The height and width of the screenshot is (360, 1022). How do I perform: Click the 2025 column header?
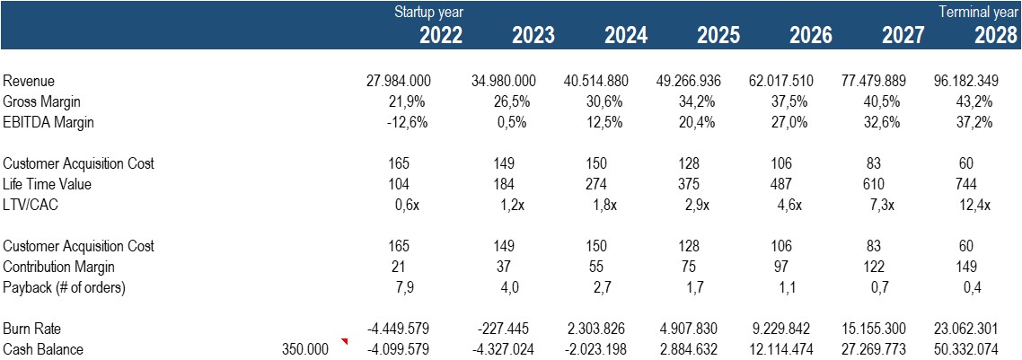718,35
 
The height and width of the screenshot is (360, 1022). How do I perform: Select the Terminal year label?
979,13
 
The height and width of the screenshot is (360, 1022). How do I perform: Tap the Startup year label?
428,13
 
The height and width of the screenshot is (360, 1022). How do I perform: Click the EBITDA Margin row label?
48,123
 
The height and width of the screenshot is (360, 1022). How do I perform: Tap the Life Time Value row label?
48,184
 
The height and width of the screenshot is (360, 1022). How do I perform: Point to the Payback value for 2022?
400,287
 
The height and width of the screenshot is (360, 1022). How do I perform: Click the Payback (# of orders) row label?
63,287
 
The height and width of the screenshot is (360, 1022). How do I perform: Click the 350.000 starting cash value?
305,349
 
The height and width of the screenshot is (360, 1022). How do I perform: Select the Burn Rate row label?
32,329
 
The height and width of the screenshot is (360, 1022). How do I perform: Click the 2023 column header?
533,35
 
